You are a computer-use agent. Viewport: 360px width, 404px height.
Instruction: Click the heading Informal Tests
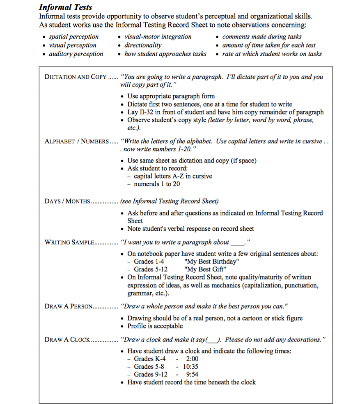coord(65,7)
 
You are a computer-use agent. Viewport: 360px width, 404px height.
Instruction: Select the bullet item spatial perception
coord(73,37)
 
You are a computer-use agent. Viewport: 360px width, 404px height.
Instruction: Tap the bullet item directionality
coord(143,45)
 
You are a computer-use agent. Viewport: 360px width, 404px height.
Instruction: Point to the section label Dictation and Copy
coord(75,77)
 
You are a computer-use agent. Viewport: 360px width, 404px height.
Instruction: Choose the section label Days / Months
coord(67,201)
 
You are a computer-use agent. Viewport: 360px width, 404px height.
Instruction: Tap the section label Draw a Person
coord(69,306)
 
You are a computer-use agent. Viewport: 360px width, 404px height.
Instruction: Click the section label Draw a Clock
coord(67,340)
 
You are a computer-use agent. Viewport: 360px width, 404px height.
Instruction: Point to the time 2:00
coord(192,359)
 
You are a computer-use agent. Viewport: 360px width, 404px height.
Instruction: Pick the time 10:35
coord(190,367)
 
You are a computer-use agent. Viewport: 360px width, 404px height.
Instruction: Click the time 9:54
coord(192,374)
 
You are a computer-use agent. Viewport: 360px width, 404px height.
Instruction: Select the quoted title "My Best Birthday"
coord(212,262)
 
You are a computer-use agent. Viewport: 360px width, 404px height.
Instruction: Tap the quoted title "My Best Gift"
coord(205,269)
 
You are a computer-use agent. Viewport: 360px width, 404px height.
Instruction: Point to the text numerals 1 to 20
coord(157,184)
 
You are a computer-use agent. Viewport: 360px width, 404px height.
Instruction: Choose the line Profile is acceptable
coord(155,326)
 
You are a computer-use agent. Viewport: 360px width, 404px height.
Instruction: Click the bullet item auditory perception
coord(76,54)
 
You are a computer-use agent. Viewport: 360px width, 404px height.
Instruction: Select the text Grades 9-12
coord(151,374)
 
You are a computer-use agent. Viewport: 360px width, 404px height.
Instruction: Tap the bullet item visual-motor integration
coord(158,37)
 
